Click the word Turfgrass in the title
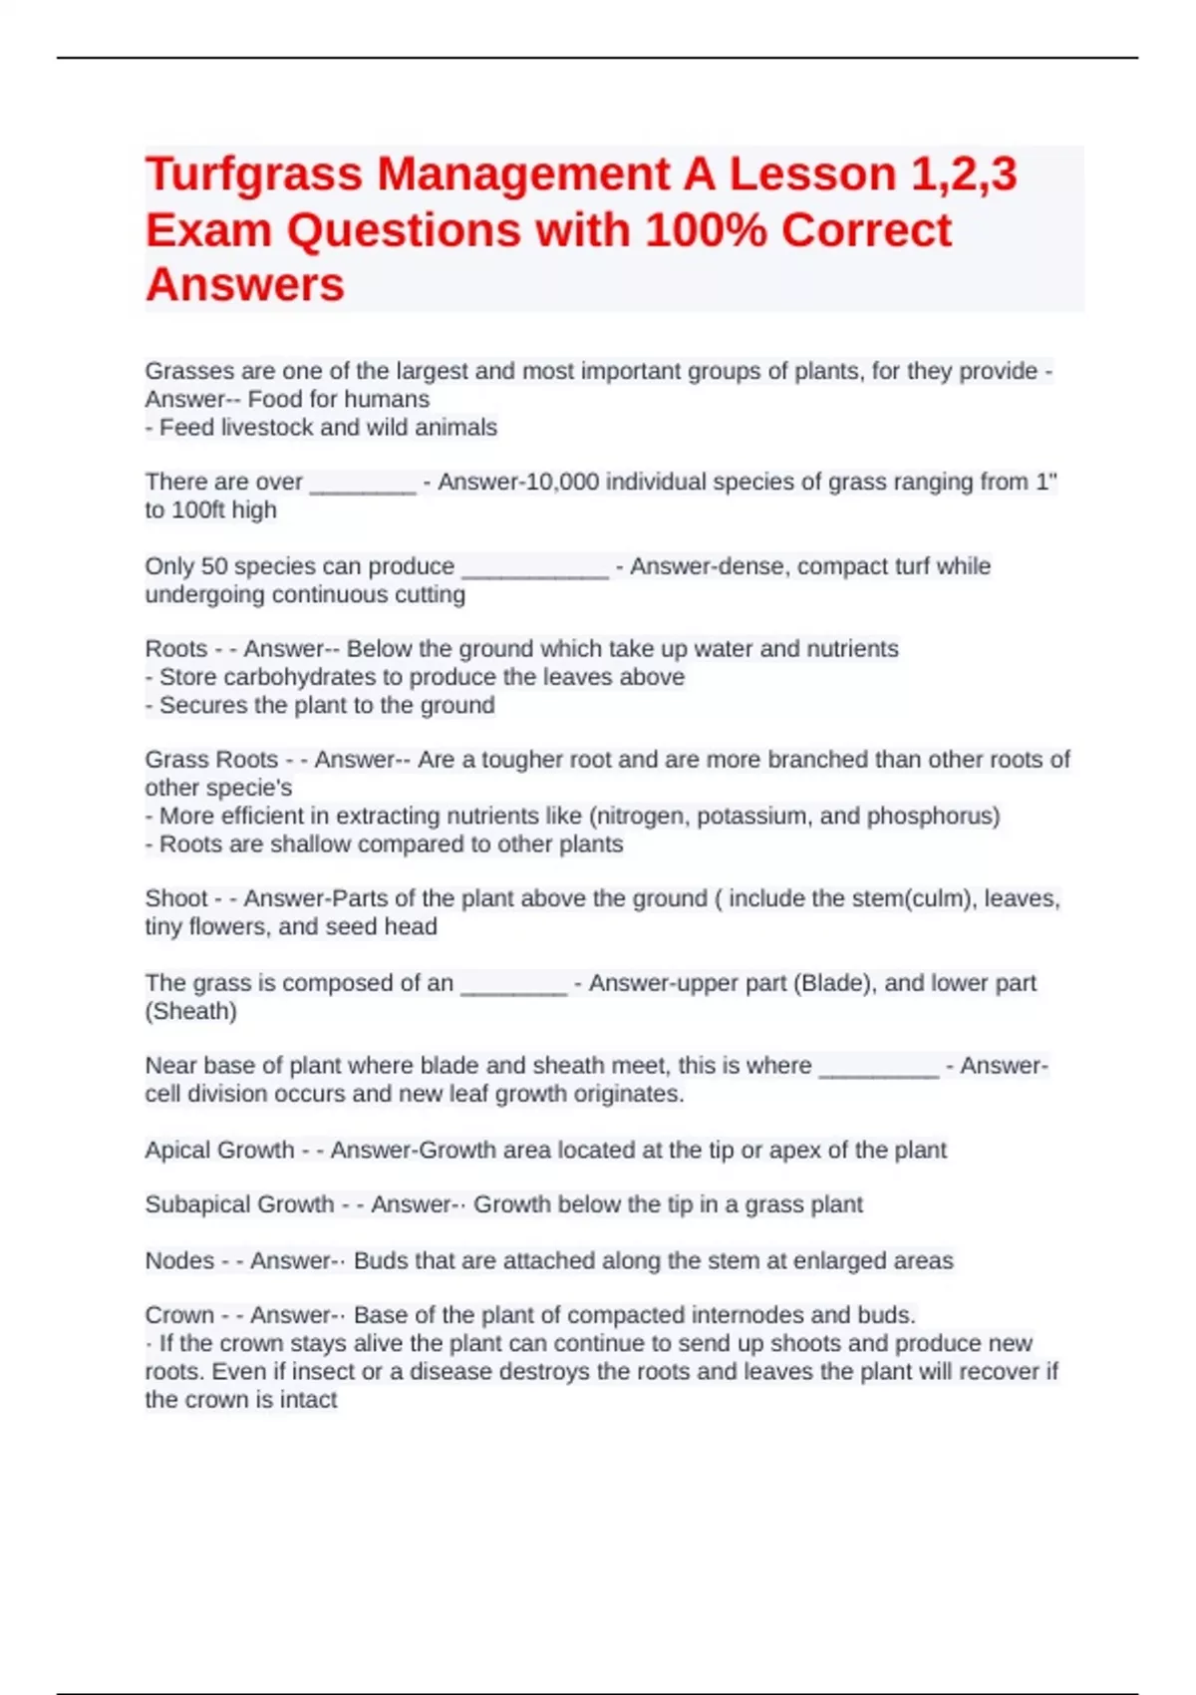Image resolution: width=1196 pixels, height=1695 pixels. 253,175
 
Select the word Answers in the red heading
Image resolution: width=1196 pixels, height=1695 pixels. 245,285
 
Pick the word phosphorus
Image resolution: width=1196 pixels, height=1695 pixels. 933,816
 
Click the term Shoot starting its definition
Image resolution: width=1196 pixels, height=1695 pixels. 176,898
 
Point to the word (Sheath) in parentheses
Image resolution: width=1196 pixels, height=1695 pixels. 191,1011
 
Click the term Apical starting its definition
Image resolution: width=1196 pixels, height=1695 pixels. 181,1151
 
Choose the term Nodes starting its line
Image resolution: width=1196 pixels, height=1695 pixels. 179,1260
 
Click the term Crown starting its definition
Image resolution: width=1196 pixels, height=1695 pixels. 179,1315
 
